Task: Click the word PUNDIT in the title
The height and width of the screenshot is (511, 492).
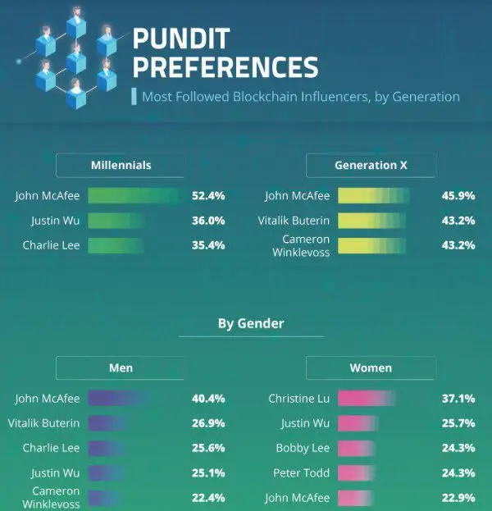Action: (x=182, y=39)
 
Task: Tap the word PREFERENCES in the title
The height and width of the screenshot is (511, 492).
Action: (x=225, y=66)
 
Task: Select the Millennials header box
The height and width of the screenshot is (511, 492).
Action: (x=121, y=165)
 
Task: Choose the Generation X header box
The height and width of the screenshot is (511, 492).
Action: (x=371, y=165)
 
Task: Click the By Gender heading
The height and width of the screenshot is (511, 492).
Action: (x=251, y=323)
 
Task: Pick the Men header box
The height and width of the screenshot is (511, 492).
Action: (x=121, y=368)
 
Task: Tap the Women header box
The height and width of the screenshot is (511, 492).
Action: (x=371, y=368)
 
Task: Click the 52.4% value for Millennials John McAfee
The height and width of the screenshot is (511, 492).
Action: (x=208, y=196)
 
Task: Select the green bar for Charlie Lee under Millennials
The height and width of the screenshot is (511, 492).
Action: (x=116, y=245)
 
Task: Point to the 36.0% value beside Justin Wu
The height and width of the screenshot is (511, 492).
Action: (x=208, y=221)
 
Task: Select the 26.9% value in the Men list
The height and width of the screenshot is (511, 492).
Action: (x=208, y=423)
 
